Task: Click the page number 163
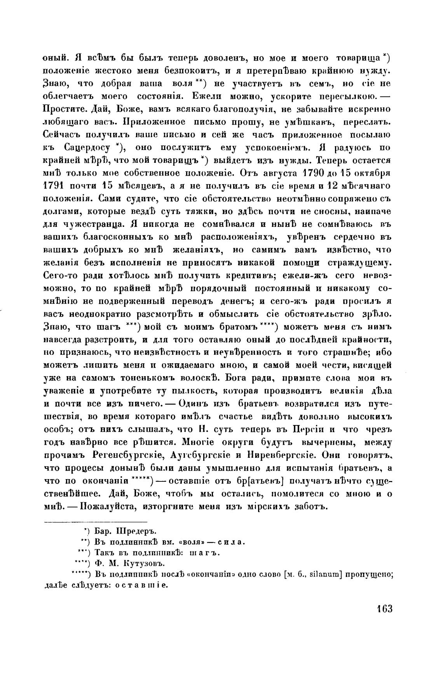[x=384, y=608]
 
